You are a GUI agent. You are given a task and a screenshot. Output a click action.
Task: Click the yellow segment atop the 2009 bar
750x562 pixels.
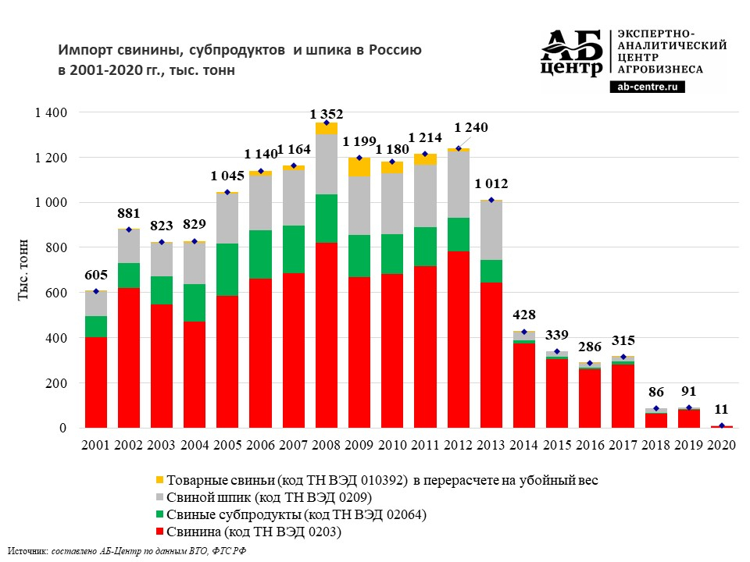point(359,167)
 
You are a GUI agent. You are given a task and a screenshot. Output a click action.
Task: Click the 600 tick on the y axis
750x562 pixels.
point(59,293)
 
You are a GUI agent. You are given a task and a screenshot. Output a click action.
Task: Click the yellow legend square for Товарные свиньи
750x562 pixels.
point(160,481)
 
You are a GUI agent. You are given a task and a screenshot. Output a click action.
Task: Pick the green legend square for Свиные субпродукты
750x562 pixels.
point(160,515)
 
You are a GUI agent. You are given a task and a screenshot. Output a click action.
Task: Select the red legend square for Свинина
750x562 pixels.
point(160,532)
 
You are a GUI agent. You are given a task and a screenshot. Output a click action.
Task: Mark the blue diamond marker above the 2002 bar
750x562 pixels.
point(129,229)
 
